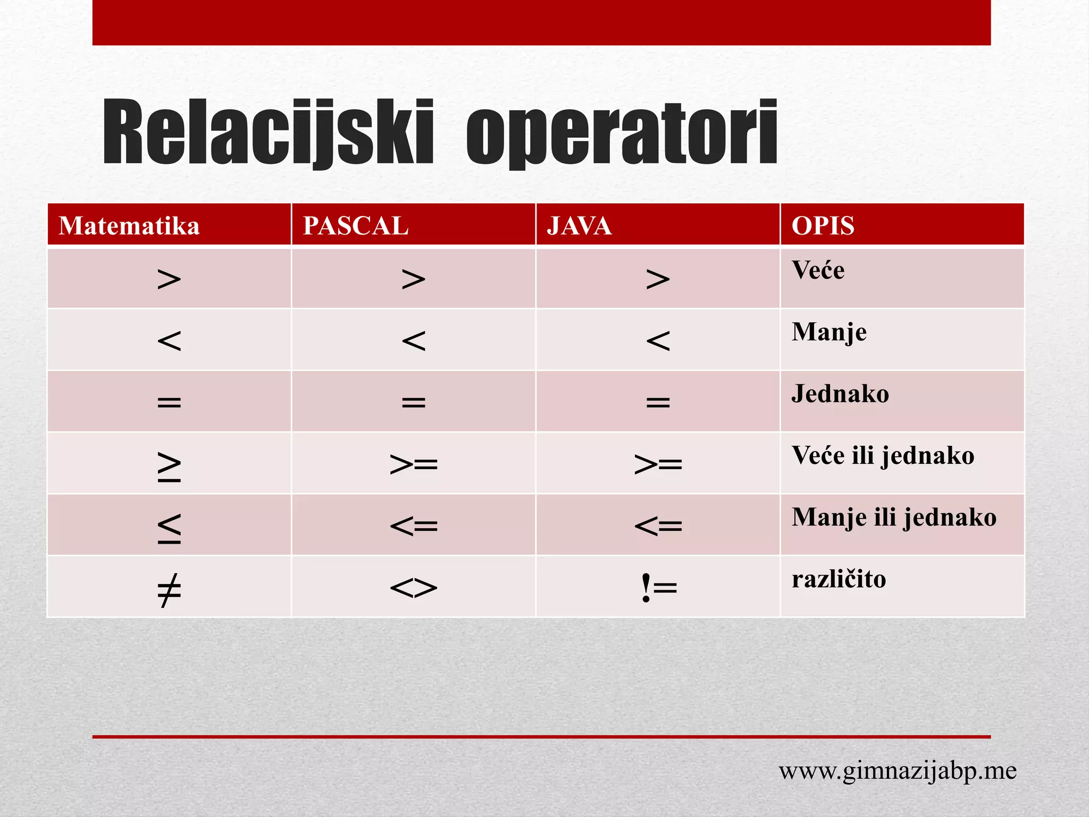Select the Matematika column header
tap(129, 226)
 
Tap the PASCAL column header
tap(356, 226)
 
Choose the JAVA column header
tap(579, 226)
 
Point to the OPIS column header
tap(823, 226)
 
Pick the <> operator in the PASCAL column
tap(413, 588)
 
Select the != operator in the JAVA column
tap(658, 588)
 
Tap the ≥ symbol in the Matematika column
tap(169, 466)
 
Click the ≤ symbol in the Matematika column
tap(169, 528)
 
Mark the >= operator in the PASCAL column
tap(413, 464)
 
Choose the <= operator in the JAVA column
tap(658, 526)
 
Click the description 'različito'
tap(839, 579)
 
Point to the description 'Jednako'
tap(840, 394)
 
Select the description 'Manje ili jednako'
tap(894, 518)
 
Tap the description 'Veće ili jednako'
tap(883, 456)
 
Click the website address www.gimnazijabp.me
tap(898, 771)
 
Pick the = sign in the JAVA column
tap(658, 402)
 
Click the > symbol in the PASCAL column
tap(413, 279)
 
